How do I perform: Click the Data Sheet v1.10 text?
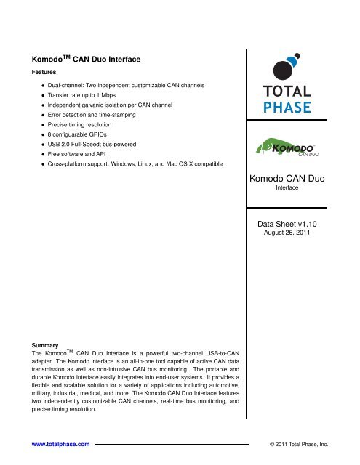[x=300, y=226]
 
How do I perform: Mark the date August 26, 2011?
[x=300, y=236]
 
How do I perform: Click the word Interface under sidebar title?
[x=300, y=187]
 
